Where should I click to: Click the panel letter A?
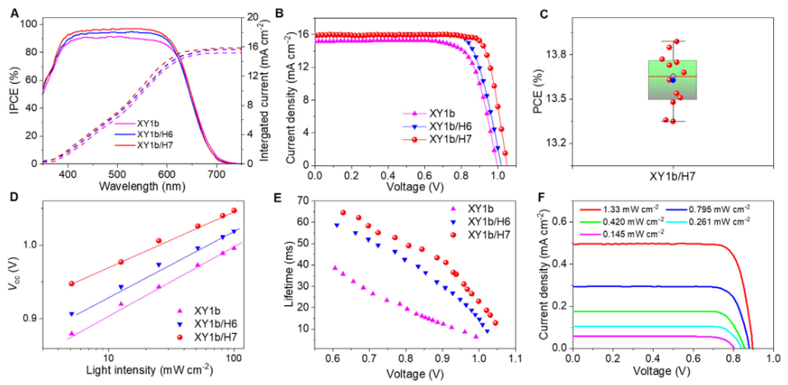[14, 12]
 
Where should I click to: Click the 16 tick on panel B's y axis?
[301, 35]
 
